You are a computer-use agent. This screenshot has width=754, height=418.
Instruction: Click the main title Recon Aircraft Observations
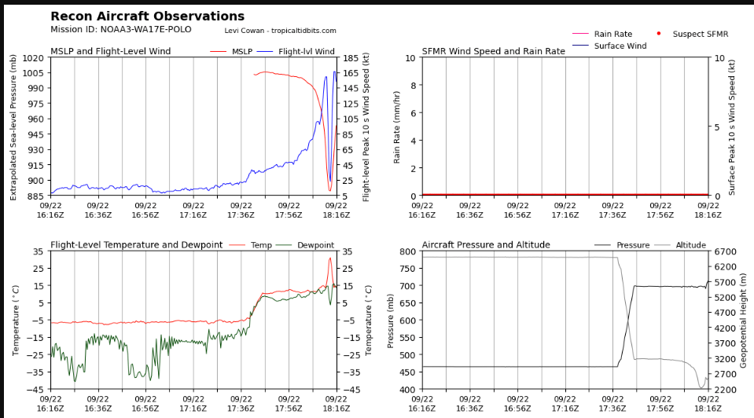pyautogui.click(x=148, y=16)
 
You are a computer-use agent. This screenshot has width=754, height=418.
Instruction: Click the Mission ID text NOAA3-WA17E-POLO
pyautogui.click(x=145, y=29)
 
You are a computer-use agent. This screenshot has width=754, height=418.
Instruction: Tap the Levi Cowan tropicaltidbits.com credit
pyautogui.click(x=281, y=31)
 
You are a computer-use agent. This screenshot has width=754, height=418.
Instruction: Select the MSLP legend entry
pyautogui.click(x=231, y=51)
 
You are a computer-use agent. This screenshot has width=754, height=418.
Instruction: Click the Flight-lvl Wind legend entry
pyautogui.click(x=296, y=51)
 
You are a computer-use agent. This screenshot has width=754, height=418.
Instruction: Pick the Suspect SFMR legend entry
pyautogui.click(x=693, y=34)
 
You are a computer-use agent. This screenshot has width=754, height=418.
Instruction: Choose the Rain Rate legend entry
pyautogui.click(x=602, y=34)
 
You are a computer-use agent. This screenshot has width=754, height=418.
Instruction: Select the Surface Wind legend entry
pyautogui.click(x=609, y=46)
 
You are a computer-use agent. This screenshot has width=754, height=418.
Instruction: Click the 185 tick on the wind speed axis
pyautogui.click(x=351, y=58)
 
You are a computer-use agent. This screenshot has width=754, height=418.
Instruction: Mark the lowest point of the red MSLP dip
pyautogui.click(x=330, y=191)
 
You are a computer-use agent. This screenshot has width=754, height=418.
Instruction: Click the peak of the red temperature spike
pyautogui.click(x=330, y=258)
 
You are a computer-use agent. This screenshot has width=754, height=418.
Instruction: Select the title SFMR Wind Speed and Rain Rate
pyautogui.click(x=494, y=51)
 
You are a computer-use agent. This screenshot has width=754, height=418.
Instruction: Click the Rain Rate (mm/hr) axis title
pyautogui.click(x=397, y=126)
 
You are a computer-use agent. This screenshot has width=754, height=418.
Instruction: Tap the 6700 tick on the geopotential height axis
pyautogui.click(x=725, y=251)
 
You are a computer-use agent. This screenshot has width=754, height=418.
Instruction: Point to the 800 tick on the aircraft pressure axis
pyautogui.click(x=408, y=251)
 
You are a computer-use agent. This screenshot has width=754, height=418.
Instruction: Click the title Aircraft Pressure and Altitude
pyautogui.click(x=486, y=244)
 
